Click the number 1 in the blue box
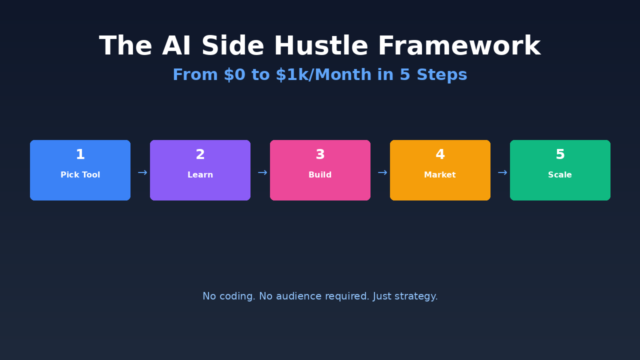tap(80, 155)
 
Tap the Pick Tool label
tap(80, 175)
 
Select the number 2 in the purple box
tap(200, 155)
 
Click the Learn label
tap(200, 175)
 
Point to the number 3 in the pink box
tap(320, 155)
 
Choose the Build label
tap(320, 175)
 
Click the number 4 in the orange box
tap(440, 155)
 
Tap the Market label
tap(440, 175)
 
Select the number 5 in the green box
tap(560, 155)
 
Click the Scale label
tap(560, 175)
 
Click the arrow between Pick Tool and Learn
tap(142, 173)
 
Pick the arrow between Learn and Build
tap(262, 173)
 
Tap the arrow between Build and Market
tap(382, 173)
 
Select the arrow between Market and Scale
tap(502, 173)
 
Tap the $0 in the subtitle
tap(234, 75)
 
